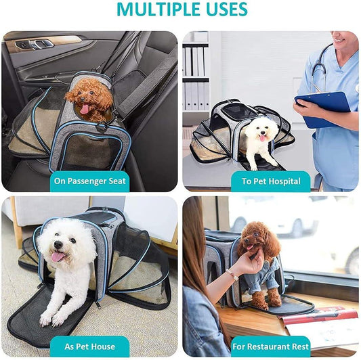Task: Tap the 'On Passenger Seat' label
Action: tap(90, 181)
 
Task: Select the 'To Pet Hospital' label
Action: tap(271, 181)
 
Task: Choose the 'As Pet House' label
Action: tap(90, 346)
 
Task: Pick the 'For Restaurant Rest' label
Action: tap(270, 346)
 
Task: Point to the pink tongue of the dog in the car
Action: tap(85, 108)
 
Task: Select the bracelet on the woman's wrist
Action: tap(232, 275)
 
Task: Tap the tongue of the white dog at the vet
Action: tap(262, 138)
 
